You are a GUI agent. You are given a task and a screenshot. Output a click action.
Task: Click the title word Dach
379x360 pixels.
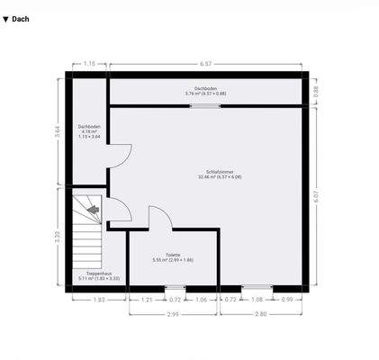pos(21,18)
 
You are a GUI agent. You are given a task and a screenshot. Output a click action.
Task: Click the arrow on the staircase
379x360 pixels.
pos(95,211)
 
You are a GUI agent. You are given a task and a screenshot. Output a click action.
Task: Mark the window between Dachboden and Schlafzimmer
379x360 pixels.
pos(204,105)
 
